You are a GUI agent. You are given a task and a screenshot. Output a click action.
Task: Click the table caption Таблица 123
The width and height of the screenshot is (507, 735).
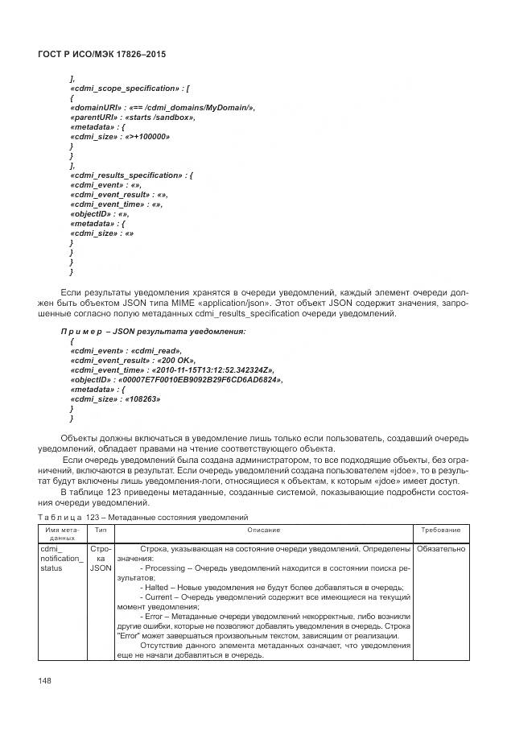(x=67, y=516)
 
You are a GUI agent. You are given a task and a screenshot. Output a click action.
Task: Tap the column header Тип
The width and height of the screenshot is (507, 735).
(x=101, y=531)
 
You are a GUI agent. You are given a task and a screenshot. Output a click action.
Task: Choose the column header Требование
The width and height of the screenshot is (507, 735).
(x=441, y=531)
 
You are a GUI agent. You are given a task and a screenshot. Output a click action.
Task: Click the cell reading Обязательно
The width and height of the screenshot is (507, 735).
(x=441, y=548)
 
